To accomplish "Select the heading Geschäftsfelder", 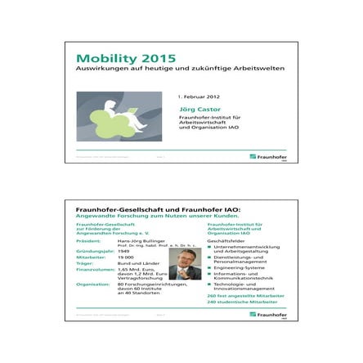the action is [x=224, y=243].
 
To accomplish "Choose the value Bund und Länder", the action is [x=135, y=263].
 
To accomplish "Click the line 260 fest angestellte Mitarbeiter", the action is [x=240, y=295].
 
